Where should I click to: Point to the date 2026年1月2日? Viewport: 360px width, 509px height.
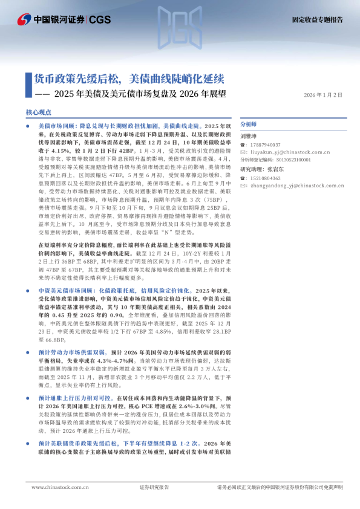tap(322, 96)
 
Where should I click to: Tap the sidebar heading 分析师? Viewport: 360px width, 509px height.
tap(249, 123)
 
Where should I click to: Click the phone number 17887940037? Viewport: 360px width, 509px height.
tap(264, 145)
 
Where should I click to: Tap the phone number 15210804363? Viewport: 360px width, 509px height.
tap(264, 179)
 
